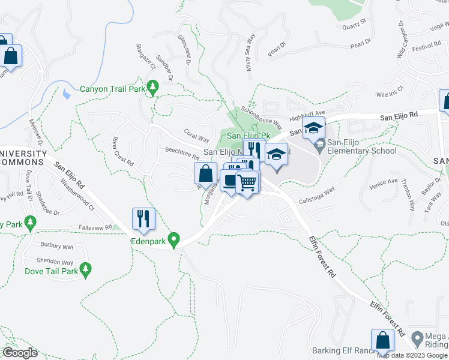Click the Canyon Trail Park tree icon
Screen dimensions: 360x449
(153, 88)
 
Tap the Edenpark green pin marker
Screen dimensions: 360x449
(174, 240)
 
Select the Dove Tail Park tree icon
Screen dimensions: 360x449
(87, 271)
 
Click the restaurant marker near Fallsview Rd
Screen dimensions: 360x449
(144, 218)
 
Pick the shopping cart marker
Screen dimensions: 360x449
(247, 182)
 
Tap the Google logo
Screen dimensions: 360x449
(20, 352)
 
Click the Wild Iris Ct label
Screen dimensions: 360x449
(390, 92)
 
